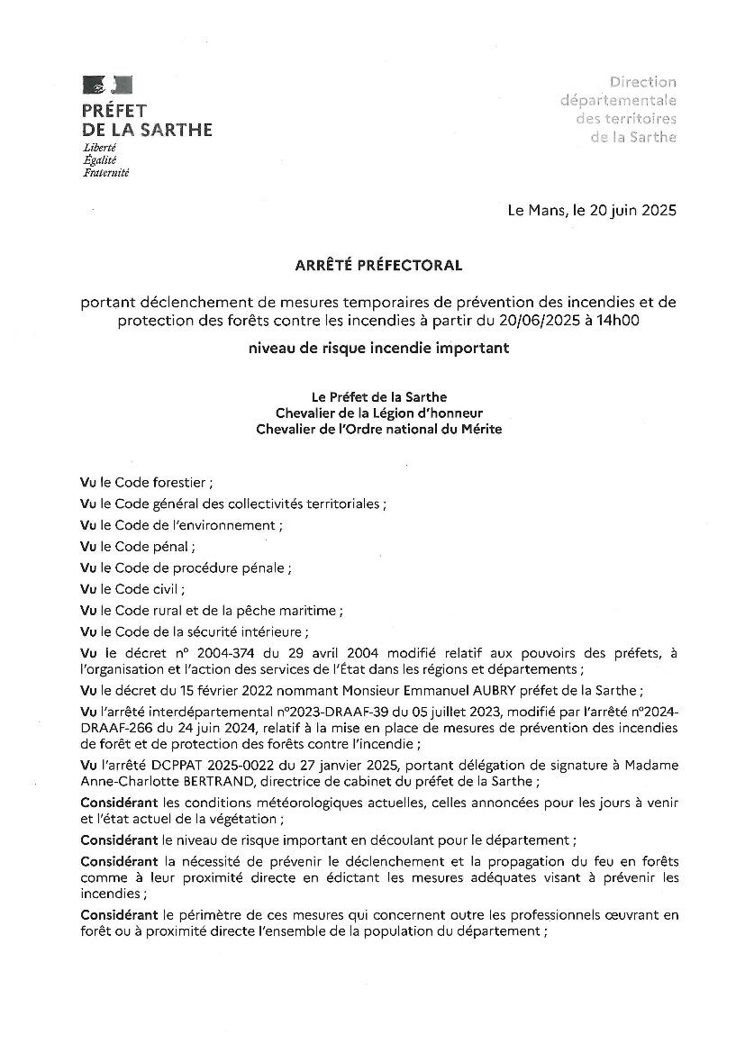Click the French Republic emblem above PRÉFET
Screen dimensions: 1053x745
pyautogui.click(x=107, y=86)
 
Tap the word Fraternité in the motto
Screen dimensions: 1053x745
pyautogui.click(x=105, y=172)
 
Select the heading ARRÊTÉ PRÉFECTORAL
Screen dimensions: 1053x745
pyautogui.click(x=378, y=266)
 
